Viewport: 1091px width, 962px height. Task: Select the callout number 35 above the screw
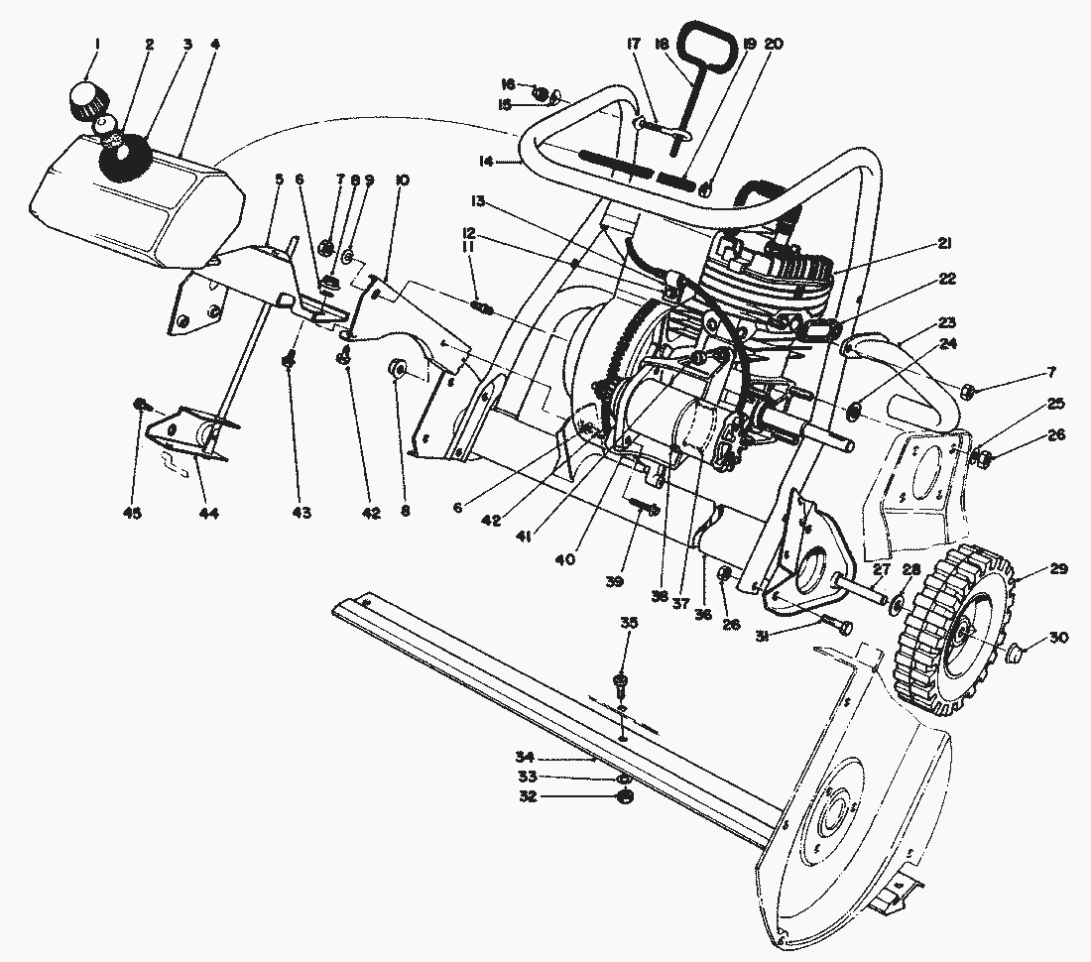[629, 623]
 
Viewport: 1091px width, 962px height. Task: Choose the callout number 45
[133, 513]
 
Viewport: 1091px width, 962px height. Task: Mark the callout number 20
[774, 44]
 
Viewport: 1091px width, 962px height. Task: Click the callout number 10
[402, 180]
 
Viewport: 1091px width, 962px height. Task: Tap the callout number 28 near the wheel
[911, 569]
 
